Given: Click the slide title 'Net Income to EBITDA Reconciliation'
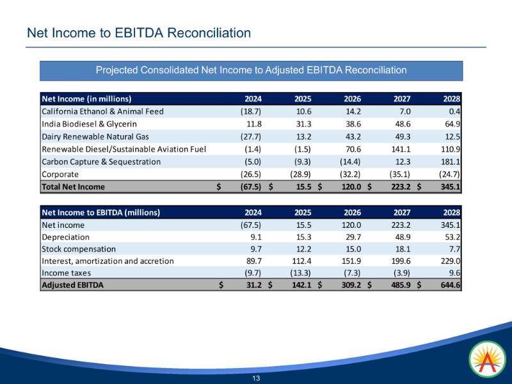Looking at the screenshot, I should tap(138, 32).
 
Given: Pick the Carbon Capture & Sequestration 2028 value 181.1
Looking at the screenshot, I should tap(450, 161).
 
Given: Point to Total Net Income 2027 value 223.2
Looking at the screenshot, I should tap(399, 187).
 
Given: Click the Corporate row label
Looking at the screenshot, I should tap(60, 174).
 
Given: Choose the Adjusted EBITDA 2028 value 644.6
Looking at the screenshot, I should tap(450, 286).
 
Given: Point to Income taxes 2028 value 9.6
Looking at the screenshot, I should tap(454, 274).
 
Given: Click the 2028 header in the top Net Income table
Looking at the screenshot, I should tap(451, 99).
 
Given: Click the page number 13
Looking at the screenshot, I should tap(256, 378).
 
